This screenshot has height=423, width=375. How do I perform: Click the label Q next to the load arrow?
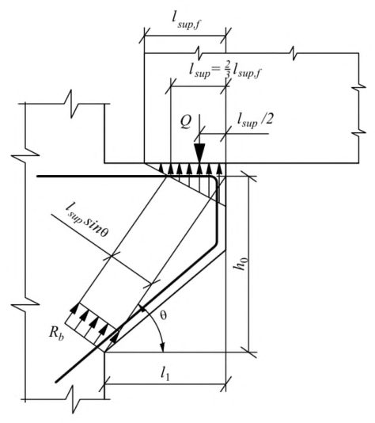pos(185,122)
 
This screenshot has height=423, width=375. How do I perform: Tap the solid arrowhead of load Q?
pos(199,153)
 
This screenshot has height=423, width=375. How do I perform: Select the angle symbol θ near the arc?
pos(163,314)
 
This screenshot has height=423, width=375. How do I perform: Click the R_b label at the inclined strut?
pos(56,333)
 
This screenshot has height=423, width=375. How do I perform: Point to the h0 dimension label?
pos(241,263)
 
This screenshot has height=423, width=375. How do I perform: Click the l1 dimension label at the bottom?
pos(165,373)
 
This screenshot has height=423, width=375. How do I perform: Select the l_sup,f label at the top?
pos(187,21)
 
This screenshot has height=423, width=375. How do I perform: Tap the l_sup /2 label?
pos(255,120)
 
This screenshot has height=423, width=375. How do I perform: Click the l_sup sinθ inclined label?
pos(87,220)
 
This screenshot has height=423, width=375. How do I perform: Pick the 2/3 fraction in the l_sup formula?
pos(228,70)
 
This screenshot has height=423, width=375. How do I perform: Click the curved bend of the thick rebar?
pos(214,180)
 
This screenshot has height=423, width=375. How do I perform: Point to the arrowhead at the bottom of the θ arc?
pos(162,348)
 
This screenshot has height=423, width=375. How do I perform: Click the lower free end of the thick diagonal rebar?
pos(56,382)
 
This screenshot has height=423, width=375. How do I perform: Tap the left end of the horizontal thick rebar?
pos(38,176)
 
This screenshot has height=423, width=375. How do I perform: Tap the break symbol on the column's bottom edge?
pos(74,399)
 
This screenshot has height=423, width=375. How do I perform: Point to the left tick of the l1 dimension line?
pos(104,384)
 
